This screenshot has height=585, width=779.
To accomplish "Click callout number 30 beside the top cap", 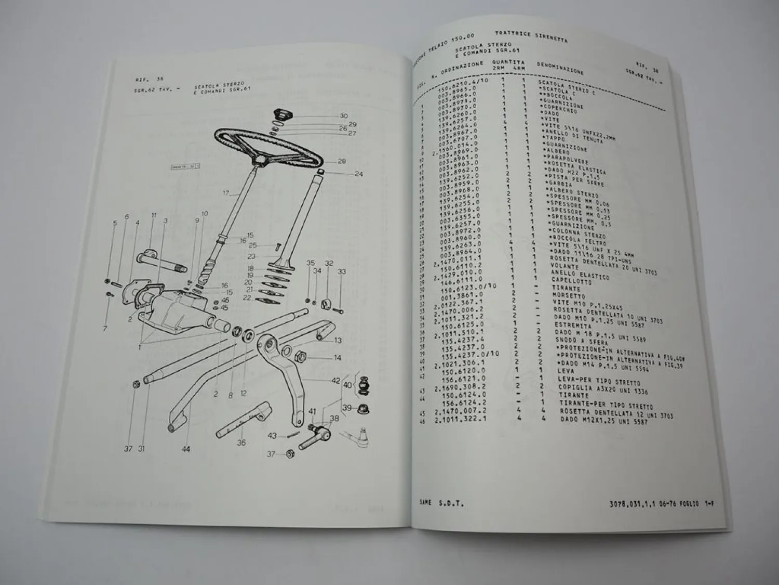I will point(343,116).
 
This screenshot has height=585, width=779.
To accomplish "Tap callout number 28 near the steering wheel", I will point(341,161).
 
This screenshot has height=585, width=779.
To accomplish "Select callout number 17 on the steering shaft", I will point(226,193).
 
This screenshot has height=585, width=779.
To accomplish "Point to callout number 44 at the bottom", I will point(185,449).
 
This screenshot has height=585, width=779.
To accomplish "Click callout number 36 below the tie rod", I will point(241,443).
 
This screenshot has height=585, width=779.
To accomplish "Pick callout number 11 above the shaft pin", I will point(154,215).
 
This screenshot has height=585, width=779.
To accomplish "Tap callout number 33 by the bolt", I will point(341,271).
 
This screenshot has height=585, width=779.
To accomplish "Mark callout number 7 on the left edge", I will point(105,329).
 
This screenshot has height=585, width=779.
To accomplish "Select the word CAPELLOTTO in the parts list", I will point(558,284).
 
